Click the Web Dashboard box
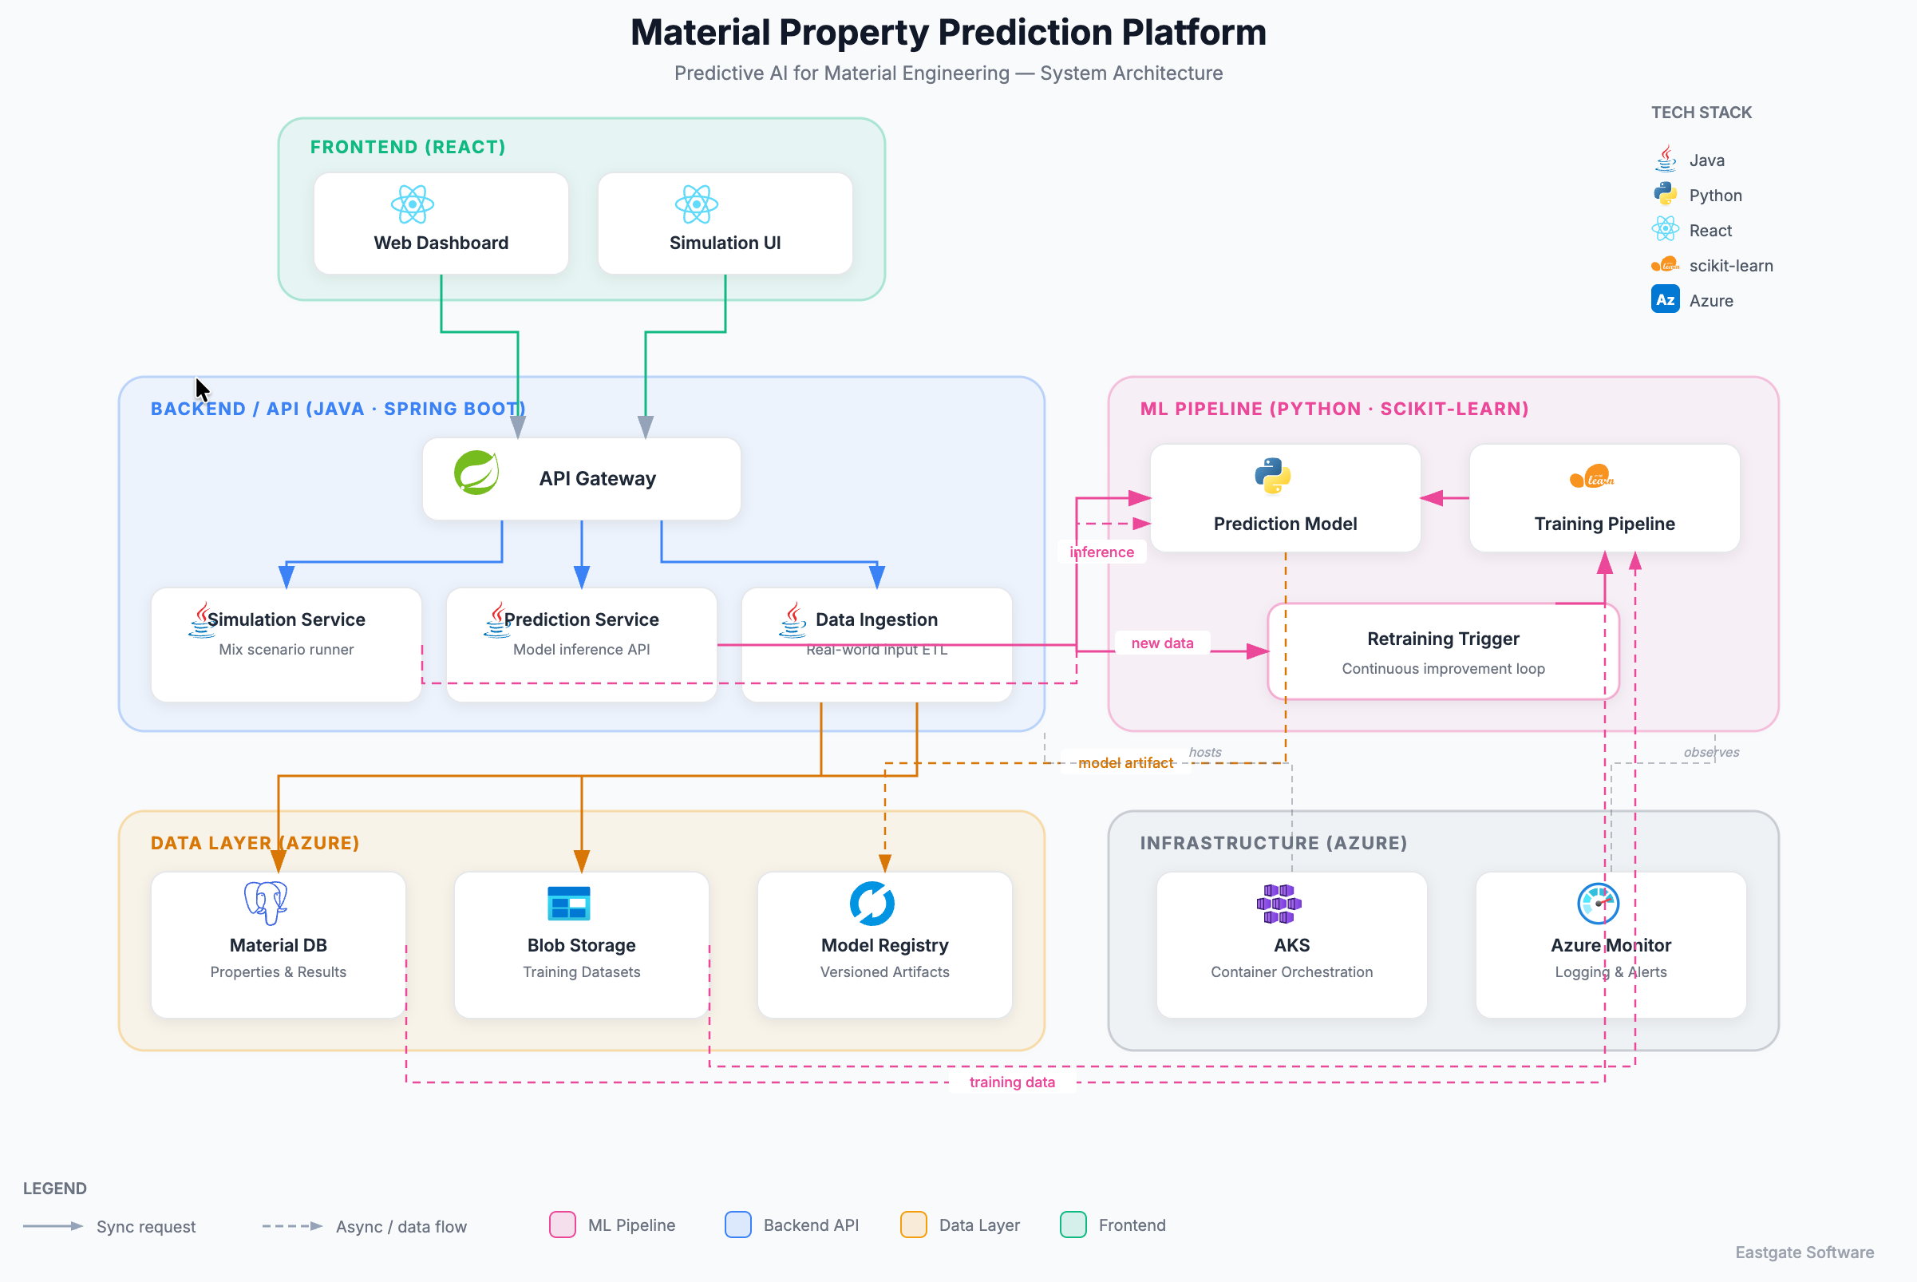(x=441, y=224)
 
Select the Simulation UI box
(x=725, y=224)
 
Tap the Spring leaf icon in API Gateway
(x=476, y=473)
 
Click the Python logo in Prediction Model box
(x=1272, y=476)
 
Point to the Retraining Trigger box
(x=1442, y=651)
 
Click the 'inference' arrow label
(x=1101, y=552)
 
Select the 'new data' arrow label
(x=1162, y=643)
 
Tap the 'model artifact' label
(x=1125, y=763)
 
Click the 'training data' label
(x=1011, y=1082)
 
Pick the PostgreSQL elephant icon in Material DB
(x=266, y=902)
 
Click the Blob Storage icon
(x=568, y=903)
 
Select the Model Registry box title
(x=884, y=945)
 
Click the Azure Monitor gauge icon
(x=1597, y=903)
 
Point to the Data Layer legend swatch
(x=913, y=1225)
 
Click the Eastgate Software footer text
(x=1804, y=1252)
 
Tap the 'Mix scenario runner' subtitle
(x=287, y=649)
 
